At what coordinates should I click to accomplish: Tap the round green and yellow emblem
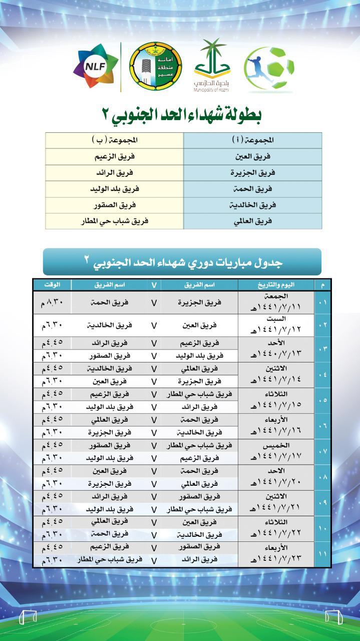tap(156, 66)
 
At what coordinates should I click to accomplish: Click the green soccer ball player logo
tap(269, 69)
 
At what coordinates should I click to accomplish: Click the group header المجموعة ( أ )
tap(253, 140)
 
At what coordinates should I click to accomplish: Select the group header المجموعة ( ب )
tap(115, 140)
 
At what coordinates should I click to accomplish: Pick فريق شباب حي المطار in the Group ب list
tap(116, 221)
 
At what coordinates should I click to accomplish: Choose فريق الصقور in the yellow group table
tap(115, 205)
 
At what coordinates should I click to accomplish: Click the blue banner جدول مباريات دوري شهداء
tap(182, 261)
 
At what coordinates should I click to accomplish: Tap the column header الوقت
tap(53, 285)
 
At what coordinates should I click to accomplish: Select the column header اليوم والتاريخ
tap(276, 285)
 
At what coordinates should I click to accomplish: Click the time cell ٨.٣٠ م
tap(53, 302)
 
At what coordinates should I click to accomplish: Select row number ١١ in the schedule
tap(322, 554)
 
